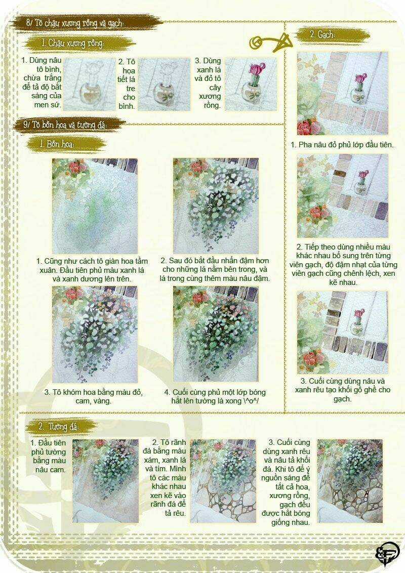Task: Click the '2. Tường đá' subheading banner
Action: pos(59,426)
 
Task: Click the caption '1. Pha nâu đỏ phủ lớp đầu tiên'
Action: pos(342,145)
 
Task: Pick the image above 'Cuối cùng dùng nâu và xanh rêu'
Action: pos(342,332)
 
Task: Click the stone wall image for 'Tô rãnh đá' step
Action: pos(223,481)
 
